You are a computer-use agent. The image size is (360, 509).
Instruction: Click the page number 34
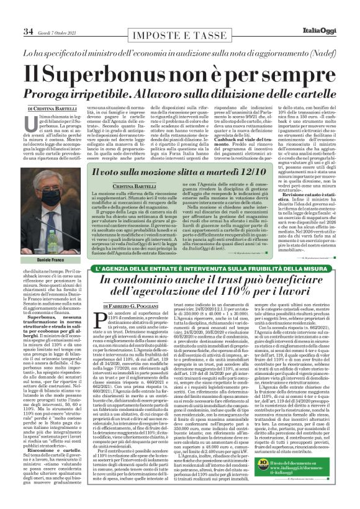28,31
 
